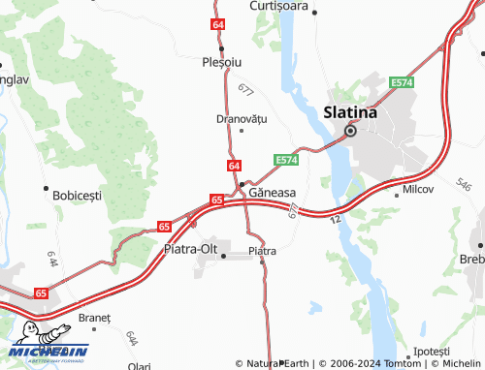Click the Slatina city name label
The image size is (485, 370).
(350, 111)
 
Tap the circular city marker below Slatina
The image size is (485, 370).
(351, 131)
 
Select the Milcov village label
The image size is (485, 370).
(418, 190)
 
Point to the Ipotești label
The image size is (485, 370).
(432, 350)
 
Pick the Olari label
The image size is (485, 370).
(139, 366)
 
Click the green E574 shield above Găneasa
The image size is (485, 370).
(285, 159)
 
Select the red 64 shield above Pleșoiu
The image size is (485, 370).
(218, 24)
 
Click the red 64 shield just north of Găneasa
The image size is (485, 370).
(235, 166)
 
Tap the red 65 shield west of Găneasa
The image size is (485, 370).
(216, 200)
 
